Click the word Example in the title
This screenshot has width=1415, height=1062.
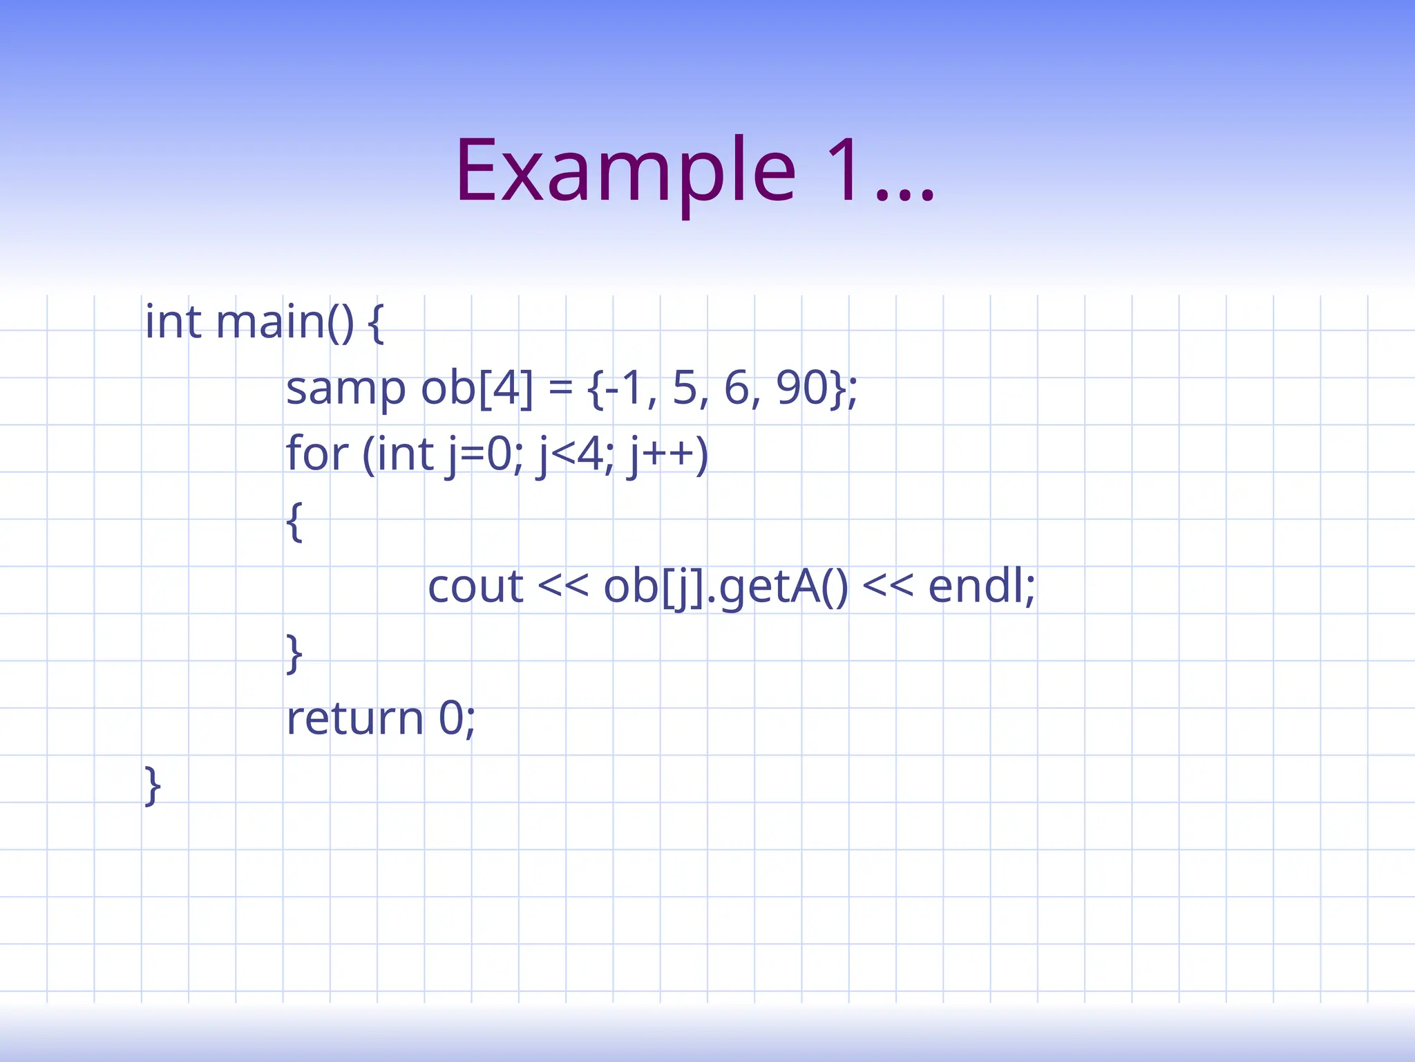(625, 171)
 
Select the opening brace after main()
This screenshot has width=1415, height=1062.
(375, 324)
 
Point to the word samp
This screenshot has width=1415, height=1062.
(345, 389)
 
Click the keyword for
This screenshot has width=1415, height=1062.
(317, 454)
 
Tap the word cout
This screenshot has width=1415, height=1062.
(475, 587)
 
